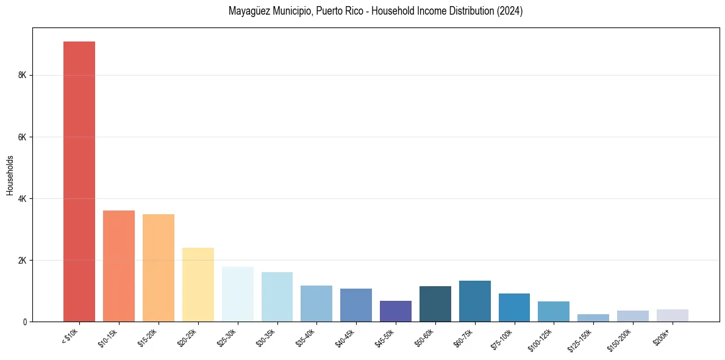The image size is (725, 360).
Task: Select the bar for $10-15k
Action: tap(119, 266)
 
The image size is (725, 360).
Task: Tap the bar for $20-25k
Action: tap(198, 284)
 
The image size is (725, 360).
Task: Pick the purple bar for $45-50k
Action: tap(396, 311)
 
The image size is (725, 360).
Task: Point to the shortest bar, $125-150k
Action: tap(593, 318)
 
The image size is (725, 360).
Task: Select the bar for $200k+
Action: tap(673, 315)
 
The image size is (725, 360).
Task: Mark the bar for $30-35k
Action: tap(277, 297)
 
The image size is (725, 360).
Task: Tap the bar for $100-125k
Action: tap(554, 311)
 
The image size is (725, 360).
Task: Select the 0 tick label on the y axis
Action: tap(24, 322)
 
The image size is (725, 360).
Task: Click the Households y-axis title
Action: tap(10, 175)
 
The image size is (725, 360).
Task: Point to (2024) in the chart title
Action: tap(510, 11)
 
